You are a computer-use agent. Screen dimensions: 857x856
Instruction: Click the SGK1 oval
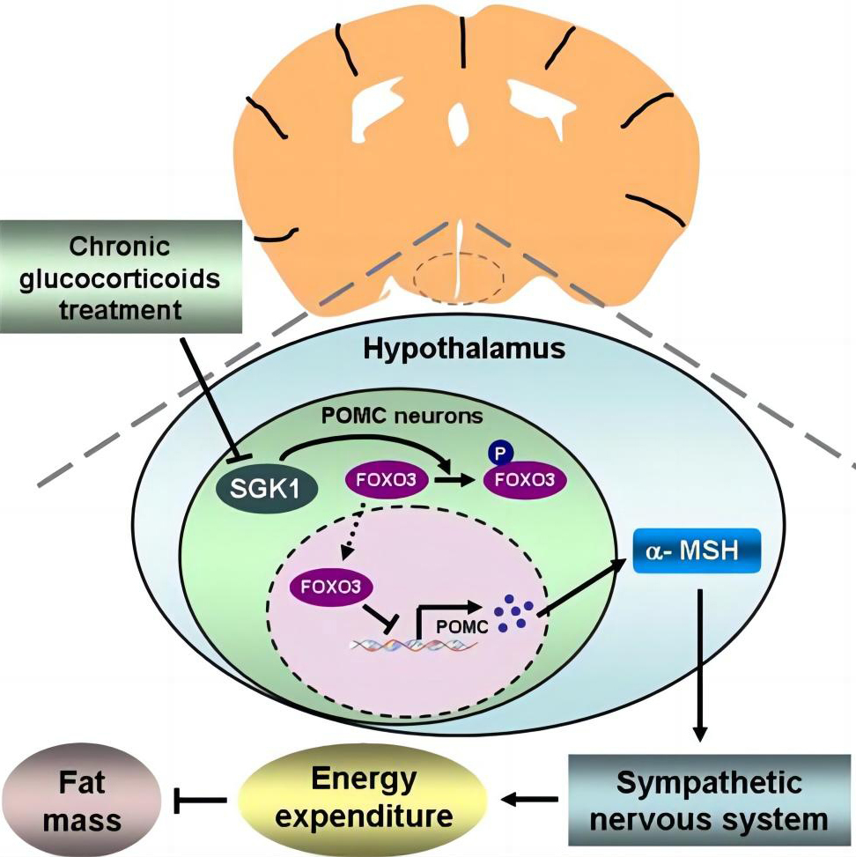[265, 486]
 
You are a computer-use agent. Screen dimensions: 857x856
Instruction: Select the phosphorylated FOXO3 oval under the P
[525, 480]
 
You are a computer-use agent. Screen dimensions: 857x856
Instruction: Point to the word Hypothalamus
[464, 349]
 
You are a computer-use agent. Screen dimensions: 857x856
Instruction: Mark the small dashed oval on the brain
[459, 277]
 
